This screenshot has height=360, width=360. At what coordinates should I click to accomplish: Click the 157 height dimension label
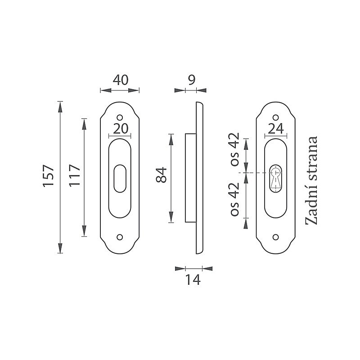(49, 175)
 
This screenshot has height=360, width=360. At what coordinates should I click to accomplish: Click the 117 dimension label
(75, 175)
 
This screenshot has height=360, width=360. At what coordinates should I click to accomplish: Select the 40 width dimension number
(121, 80)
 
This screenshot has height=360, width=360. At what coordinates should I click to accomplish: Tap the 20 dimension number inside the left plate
(121, 129)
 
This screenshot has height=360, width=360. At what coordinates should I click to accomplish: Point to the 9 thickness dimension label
(192, 80)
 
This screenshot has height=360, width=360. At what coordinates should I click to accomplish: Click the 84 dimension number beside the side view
(161, 175)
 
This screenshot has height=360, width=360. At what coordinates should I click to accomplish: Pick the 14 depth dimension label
(193, 280)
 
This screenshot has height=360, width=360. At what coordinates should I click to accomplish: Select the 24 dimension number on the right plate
(276, 129)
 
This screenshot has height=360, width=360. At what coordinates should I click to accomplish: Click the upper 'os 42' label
(235, 149)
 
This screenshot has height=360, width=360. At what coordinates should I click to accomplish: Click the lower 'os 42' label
(235, 199)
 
